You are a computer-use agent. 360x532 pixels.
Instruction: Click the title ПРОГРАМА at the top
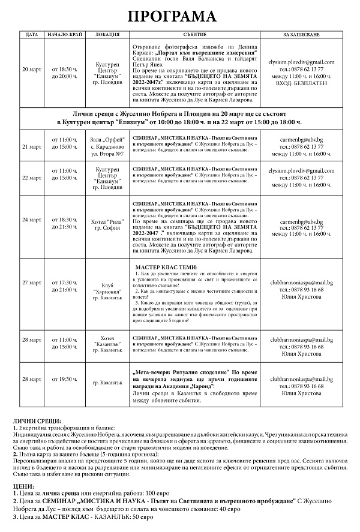pos(180,16)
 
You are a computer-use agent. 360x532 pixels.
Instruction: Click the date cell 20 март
pos(32,69)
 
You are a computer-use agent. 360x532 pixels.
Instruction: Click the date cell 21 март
pos(32,146)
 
